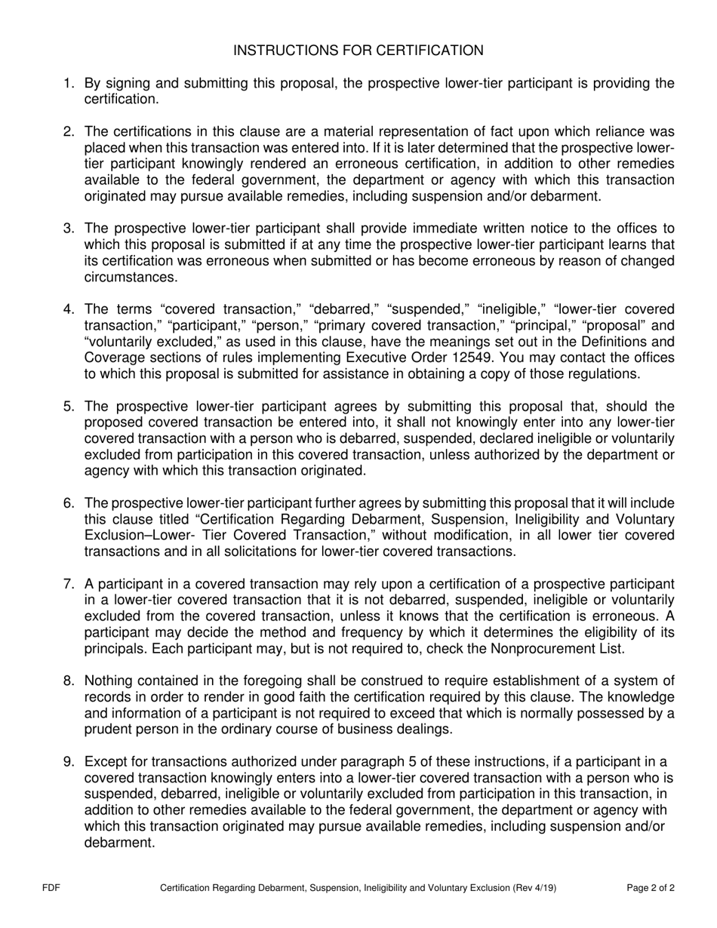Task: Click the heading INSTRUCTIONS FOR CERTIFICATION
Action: coord(358,51)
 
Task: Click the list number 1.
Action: coord(68,83)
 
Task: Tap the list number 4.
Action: coord(68,309)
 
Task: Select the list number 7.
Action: coord(68,584)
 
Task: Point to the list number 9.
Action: coord(68,762)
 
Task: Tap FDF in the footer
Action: coord(51,888)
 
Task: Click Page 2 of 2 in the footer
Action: coord(651,888)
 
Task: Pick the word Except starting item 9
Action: coord(105,762)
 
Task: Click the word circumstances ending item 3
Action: coord(120,277)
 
